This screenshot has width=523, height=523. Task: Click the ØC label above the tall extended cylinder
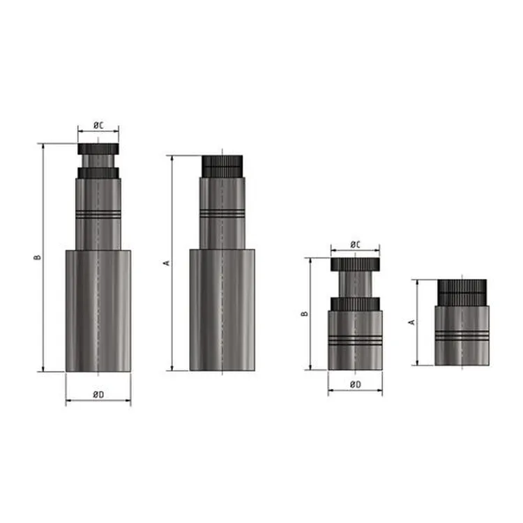point(98,126)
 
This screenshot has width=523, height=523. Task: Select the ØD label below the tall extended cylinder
point(98,395)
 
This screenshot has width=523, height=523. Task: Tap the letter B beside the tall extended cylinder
point(38,257)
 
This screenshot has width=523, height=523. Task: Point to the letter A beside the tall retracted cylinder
point(165,263)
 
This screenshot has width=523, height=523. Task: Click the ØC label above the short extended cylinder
point(354,244)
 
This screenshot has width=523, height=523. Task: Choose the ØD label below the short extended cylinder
point(354,384)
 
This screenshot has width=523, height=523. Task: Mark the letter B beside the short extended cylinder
point(304,314)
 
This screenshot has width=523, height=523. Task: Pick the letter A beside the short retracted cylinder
point(411,322)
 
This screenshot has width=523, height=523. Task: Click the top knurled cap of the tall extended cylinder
point(98,149)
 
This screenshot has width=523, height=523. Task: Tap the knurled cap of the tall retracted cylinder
point(222,165)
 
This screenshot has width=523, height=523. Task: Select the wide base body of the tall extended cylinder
point(98,310)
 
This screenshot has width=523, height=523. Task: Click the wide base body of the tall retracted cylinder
point(222,310)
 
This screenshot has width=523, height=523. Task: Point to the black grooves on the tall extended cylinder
point(98,214)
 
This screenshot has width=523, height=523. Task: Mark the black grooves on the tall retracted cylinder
point(222,214)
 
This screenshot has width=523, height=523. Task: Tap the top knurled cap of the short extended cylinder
point(354,264)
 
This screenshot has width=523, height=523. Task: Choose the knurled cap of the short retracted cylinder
point(462,291)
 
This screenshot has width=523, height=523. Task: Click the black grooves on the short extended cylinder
point(354,340)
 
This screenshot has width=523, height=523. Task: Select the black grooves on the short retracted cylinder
point(462,335)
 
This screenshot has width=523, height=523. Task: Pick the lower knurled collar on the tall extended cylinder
point(98,172)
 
